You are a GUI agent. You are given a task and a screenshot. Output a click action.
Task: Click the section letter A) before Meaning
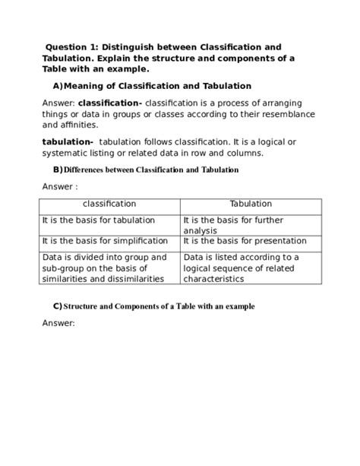coord(58,86)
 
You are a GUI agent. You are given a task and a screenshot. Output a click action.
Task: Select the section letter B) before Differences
coord(58,170)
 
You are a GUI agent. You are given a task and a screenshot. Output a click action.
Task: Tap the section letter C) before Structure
coord(57,306)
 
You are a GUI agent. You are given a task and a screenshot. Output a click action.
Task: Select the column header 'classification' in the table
coord(109,204)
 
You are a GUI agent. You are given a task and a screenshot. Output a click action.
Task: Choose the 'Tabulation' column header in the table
coord(251,204)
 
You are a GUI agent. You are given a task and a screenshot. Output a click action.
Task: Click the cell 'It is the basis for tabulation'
coord(98,220)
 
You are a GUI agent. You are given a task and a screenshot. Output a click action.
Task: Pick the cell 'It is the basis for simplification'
coord(105,240)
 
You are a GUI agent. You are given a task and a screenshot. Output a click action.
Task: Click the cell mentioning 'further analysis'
coord(243,224)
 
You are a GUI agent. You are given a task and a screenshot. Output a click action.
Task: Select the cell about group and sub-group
coord(104,268)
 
